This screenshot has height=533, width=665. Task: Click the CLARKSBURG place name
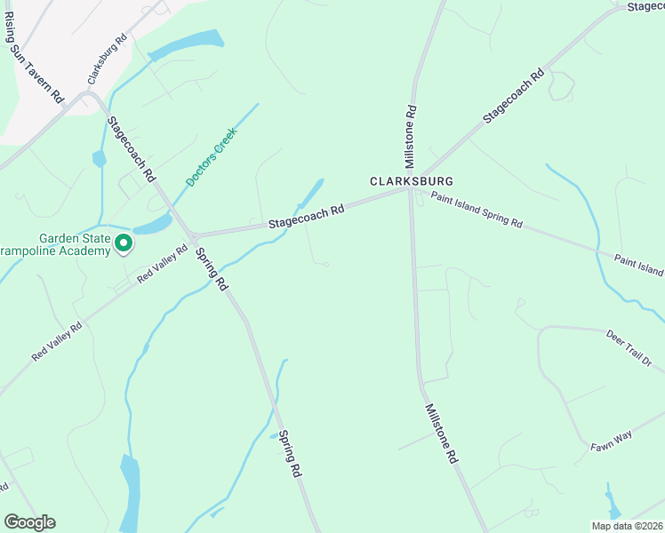(405, 179)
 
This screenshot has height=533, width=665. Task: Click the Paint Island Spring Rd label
(477, 211)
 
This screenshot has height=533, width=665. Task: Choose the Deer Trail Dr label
(629, 348)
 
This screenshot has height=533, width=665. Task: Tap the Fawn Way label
(611, 442)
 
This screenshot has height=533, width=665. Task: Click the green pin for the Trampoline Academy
(124, 242)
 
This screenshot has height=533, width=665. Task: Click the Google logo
(29, 522)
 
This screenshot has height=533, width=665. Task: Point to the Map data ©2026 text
(627, 526)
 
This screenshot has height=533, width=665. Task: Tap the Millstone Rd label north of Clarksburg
(411, 138)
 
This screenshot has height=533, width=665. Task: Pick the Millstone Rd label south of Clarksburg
(441, 434)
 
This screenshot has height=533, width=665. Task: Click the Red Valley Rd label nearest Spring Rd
(163, 265)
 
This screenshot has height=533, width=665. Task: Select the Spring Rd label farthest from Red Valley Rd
(291, 455)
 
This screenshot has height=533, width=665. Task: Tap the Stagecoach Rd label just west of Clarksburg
(306, 216)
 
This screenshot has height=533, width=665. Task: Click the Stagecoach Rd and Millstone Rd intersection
(411, 187)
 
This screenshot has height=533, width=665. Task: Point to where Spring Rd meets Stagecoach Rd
(191, 235)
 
